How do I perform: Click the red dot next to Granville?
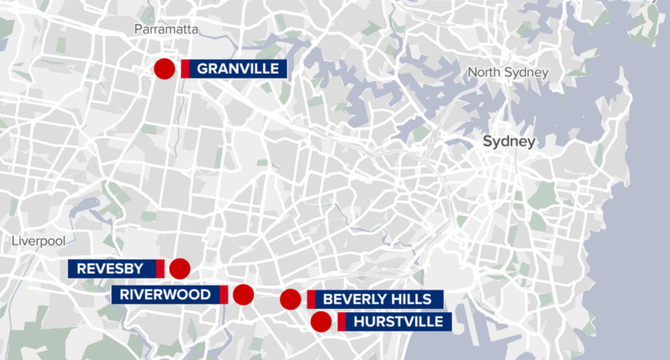[164, 69]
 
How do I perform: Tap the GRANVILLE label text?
[238, 69]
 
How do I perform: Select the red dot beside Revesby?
[179, 269]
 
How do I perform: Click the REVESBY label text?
[111, 269]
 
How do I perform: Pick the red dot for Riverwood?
[243, 294]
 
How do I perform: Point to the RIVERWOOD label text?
[164, 295]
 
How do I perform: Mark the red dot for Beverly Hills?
[291, 300]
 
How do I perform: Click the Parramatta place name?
[166, 29]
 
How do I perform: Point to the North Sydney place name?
[508, 73]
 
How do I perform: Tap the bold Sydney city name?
[508, 142]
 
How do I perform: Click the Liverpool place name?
[39, 241]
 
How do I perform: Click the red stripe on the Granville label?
[185, 69]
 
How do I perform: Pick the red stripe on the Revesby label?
[160, 269]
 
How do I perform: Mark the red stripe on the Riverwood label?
[224, 295]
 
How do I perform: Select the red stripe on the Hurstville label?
[342, 321]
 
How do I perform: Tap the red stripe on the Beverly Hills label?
[311, 300]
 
